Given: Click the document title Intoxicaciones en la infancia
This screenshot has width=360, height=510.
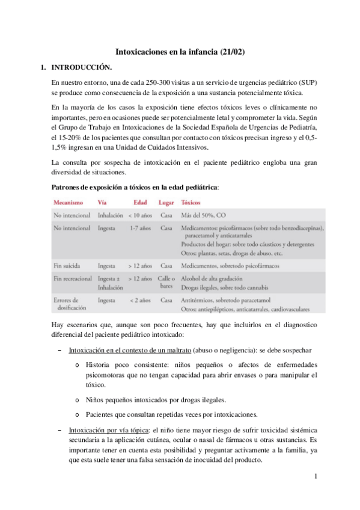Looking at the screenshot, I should pyautogui.click(x=180, y=53).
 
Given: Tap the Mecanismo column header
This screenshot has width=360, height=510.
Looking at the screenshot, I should pyautogui.click(x=69, y=203).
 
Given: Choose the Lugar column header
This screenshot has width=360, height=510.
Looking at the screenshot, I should pyautogui.click(x=166, y=203).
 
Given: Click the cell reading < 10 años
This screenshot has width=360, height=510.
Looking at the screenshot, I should pyautogui.click(x=139, y=215).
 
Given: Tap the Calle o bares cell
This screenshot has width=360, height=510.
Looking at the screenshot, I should pyautogui.click(x=166, y=283).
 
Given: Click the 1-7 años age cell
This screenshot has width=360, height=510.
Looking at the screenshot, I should pyautogui.click(x=139, y=229).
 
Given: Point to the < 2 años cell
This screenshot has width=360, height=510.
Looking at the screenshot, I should pyautogui.click(x=138, y=300).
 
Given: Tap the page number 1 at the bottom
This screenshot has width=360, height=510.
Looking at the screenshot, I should pyautogui.click(x=315, y=477).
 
